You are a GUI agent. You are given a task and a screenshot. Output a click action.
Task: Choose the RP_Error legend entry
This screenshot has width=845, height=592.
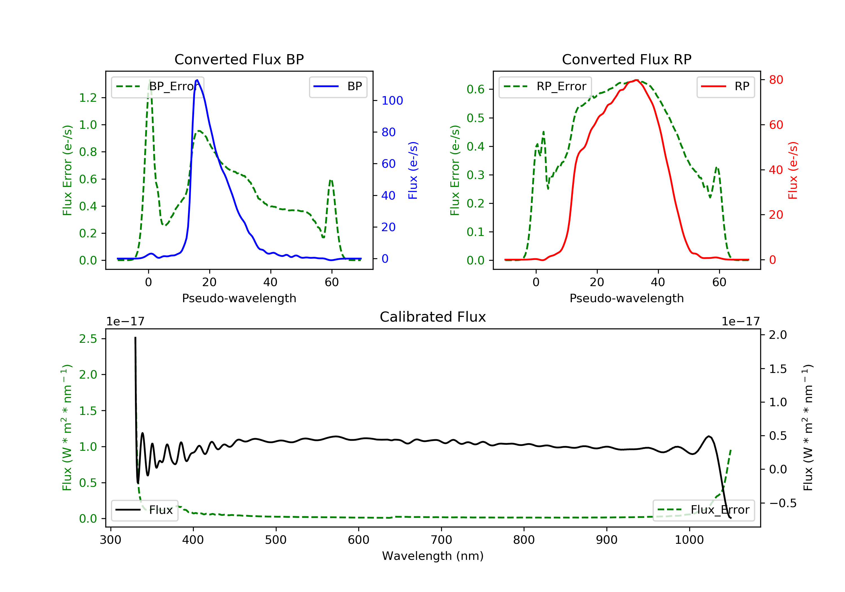pyautogui.click(x=545, y=87)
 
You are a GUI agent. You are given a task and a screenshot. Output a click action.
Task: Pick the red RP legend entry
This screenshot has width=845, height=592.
pyautogui.click(x=725, y=87)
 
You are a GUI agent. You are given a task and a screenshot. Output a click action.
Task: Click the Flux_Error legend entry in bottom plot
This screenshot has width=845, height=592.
pyautogui.click(x=703, y=510)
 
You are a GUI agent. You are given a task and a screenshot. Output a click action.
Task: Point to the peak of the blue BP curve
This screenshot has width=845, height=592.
pyautogui.click(x=197, y=80)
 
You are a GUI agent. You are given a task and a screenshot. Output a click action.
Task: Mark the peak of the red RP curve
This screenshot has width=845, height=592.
pyautogui.click(x=636, y=80)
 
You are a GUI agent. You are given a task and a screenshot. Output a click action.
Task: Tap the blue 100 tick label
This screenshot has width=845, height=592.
pyautogui.click(x=392, y=101)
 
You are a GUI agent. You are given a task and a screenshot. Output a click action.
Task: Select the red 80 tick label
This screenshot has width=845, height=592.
pyautogui.click(x=776, y=80)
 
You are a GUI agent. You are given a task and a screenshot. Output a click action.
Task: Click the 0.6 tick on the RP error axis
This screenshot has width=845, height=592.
pyautogui.click(x=475, y=89)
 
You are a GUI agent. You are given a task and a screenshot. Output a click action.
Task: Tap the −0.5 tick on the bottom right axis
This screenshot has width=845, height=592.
pyautogui.click(x=782, y=503)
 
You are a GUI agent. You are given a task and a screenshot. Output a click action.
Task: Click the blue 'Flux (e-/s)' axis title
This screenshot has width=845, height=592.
pyautogui.click(x=413, y=170)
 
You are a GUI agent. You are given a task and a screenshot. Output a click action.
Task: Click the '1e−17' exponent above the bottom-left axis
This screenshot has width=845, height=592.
pyautogui.click(x=125, y=322)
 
